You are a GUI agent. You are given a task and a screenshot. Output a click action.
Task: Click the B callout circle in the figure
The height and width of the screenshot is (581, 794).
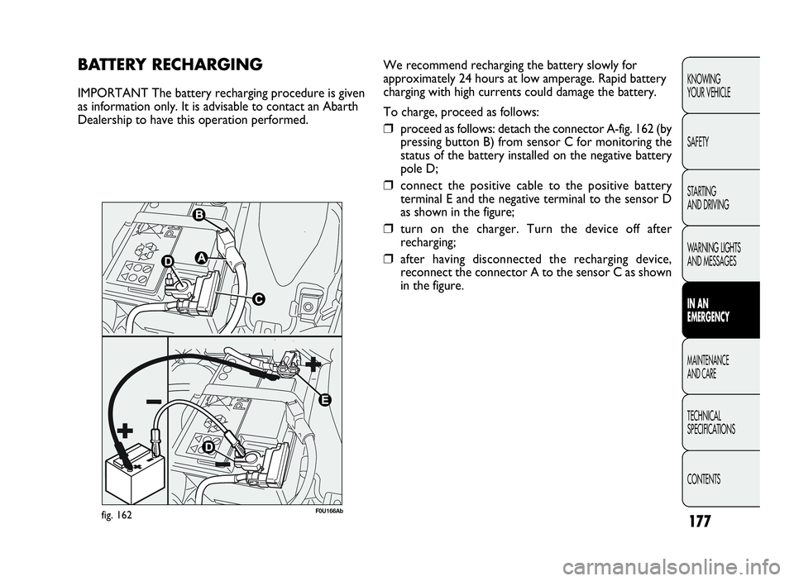point(199,215)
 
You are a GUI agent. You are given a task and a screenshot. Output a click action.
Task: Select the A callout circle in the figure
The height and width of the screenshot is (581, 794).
point(201,257)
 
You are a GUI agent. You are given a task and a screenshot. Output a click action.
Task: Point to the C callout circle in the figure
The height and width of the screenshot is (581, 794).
point(258,300)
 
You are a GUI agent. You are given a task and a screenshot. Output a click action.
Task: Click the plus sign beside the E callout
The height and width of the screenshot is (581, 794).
point(313,364)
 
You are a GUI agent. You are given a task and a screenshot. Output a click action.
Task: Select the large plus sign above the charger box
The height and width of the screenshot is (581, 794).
point(127,431)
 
